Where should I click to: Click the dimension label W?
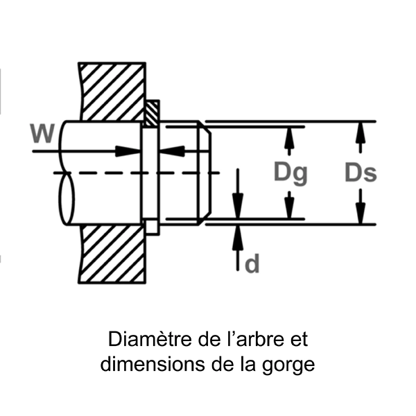[x=43, y=132]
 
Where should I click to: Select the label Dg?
[x=290, y=173]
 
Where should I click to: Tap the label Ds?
[x=361, y=173]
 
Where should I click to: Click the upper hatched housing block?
[x=113, y=91]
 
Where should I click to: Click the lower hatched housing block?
[x=113, y=253]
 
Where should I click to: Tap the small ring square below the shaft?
[x=151, y=227]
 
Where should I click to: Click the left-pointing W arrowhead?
[x=171, y=150]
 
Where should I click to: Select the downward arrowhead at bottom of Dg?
[x=290, y=209]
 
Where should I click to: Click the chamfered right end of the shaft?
[x=205, y=173]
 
